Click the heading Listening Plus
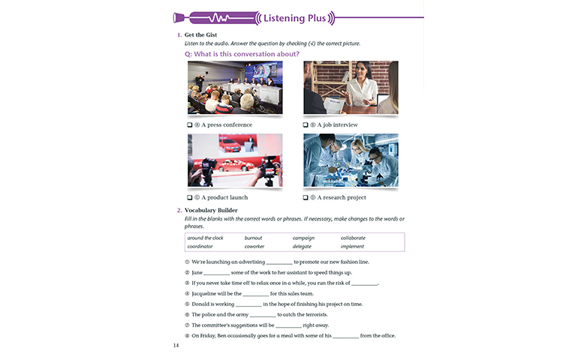[294, 18]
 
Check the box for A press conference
[190, 125]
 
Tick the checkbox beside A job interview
[306, 125]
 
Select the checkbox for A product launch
[190, 197]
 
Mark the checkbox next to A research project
[306, 197]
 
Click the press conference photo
[235, 87]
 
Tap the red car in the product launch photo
[235, 165]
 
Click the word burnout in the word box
[253, 238]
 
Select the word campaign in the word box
[304, 238]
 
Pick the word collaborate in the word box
[353, 238]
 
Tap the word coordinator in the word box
[200, 247]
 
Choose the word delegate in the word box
[302, 247]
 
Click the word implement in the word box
[352, 247]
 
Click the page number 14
[176, 345]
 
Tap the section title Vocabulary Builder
[211, 211]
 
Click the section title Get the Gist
[200, 35]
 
